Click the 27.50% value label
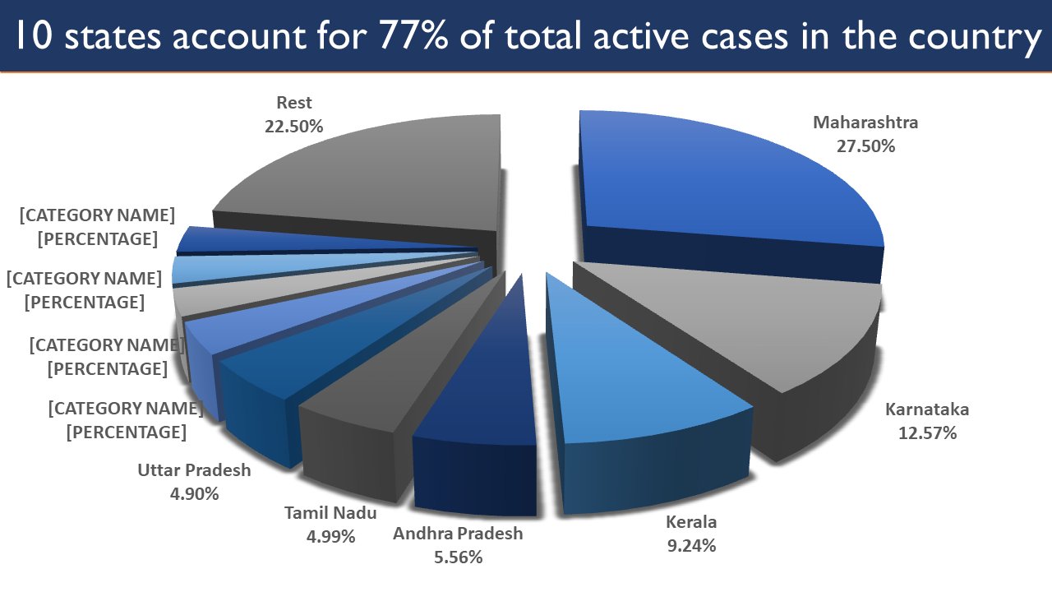coord(865,146)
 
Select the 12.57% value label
coord(927,432)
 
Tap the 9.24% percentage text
coord(690,545)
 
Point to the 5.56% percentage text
coord(457,557)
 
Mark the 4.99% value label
coord(330,537)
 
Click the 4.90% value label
coord(194,494)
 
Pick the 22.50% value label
coord(294,127)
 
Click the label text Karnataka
coord(927,409)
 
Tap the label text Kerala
coord(690,522)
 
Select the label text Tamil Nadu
coord(330,514)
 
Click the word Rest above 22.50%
coord(294,104)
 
